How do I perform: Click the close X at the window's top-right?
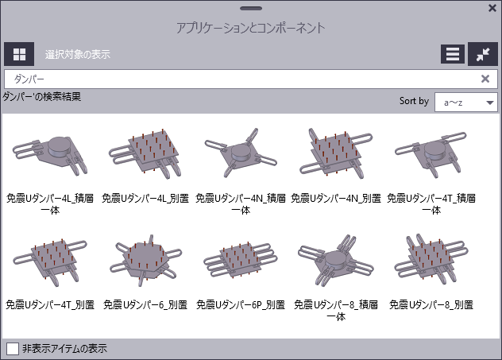492,9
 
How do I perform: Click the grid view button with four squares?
19,54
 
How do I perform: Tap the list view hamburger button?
453,54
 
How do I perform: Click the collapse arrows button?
483,54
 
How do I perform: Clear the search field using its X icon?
485,79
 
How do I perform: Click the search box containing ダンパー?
238,79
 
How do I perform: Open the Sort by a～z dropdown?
466,102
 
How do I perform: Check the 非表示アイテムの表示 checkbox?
13,348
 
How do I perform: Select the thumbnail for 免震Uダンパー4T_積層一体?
431,153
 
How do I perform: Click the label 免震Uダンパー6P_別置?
240,304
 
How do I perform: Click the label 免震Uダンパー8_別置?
431,304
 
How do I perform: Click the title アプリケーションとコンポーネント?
251,28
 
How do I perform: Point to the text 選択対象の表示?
77,55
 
